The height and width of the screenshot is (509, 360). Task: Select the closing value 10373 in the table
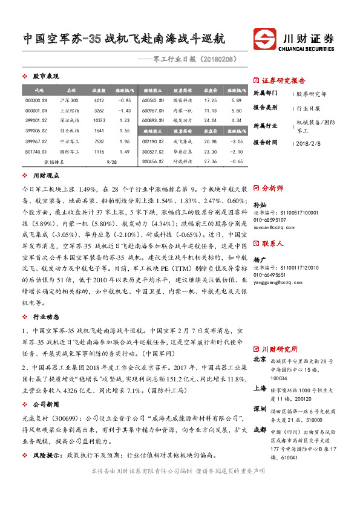tap(100, 120)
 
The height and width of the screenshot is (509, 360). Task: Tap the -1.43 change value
tap(124, 110)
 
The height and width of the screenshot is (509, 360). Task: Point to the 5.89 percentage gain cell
tap(236, 100)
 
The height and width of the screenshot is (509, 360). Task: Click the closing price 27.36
tap(211, 162)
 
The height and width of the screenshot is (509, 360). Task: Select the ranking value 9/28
tap(111, 162)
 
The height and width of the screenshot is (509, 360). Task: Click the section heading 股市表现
tap(45, 77)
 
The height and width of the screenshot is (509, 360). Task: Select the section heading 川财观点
tap(45, 176)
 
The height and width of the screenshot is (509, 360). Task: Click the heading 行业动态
tap(45, 317)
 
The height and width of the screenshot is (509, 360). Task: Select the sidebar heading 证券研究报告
tap(283, 80)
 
